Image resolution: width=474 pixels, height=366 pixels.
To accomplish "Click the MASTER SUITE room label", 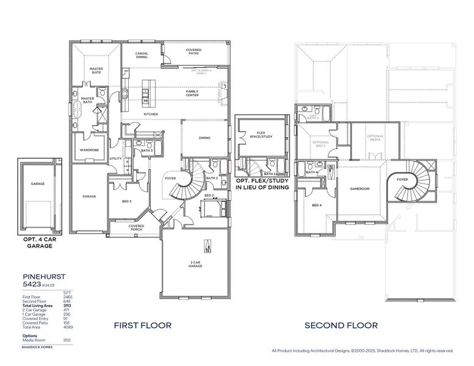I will click(96, 70).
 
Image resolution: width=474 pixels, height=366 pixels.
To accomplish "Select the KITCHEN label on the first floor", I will click(151, 114).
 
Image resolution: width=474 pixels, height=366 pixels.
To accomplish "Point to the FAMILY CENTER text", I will click(196, 93).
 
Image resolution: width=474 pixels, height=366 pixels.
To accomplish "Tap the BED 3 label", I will click(126, 201).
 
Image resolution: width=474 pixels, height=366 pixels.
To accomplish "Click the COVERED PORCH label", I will click(136, 228).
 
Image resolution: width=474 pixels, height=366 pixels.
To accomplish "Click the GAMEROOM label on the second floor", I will click(359, 188).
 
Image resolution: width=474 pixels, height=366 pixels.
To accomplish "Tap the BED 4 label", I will click(317, 205).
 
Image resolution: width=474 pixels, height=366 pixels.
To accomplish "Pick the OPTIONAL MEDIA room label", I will click(375, 137).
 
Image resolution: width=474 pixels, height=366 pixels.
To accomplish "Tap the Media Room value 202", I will click(67, 340).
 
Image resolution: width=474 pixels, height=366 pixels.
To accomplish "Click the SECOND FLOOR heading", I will click(341, 326).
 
